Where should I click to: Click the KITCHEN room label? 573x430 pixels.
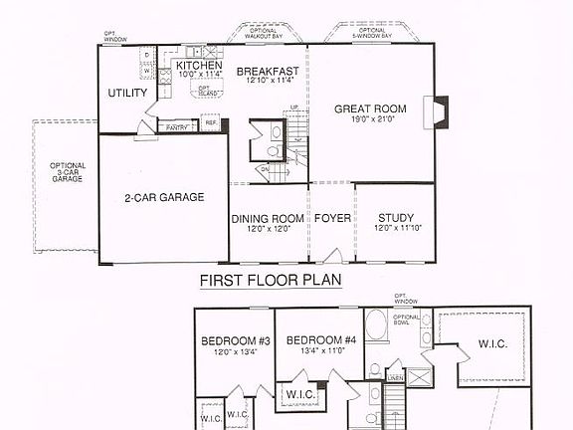pyautogui.click(x=199, y=66)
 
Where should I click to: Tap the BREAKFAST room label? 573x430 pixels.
pyautogui.click(x=268, y=71)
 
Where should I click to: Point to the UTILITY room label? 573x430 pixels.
pyautogui.click(x=127, y=94)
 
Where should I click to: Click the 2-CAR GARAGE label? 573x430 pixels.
pyautogui.click(x=164, y=198)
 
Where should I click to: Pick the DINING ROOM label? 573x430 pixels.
pyautogui.click(x=268, y=219)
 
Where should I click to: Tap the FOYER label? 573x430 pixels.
pyautogui.click(x=331, y=219)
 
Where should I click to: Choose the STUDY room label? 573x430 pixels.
pyautogui.click(x=395, y=219)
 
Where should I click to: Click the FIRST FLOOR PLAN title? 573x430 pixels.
pyautogui.click(x=271, y=282)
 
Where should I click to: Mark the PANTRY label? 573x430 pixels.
pyautogui.click(x=177, y=127)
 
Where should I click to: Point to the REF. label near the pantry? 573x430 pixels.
pyautogui.click(x=210, y=122)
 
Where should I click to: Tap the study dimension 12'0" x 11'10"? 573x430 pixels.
pyautogui.click(x=395, y=229)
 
